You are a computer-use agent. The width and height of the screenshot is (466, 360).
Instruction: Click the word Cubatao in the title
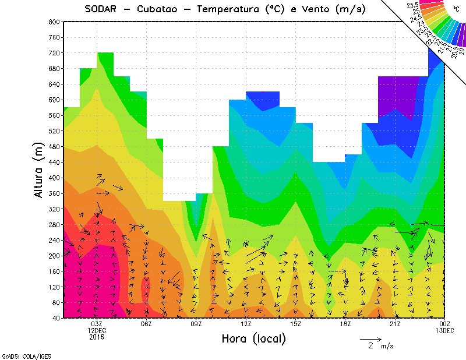click(x=161, y=9)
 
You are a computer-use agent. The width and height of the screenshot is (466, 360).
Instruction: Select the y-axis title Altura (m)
click(x=39, y=169)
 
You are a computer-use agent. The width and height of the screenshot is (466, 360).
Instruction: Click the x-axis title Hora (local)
click(x=254, y=338)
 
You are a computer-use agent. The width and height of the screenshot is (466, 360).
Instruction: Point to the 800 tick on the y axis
click(x=54, y=22)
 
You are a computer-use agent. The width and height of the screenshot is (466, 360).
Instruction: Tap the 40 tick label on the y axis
click(x=56, y=318)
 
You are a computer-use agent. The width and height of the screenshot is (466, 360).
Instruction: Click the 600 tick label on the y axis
click(x=54, y=100)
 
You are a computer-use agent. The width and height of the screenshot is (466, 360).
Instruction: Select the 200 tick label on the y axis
click(x=54, y=256)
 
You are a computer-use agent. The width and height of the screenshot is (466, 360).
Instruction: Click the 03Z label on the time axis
click(x=97, y=324)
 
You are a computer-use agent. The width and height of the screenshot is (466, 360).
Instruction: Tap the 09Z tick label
click(x=196, y=324)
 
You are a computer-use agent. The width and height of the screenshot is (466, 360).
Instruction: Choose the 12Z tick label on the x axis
click(x=246, y=324)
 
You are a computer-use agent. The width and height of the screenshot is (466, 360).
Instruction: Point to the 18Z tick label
click(x=345, y=324)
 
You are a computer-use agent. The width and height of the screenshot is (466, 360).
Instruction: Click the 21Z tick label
click(x=395, y=324)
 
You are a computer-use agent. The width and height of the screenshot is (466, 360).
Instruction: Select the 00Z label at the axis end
click(x=445, y=324)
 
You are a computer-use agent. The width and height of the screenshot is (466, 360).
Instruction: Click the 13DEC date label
click(x=445, y=330)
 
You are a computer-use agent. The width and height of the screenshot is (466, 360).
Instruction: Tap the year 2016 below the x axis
click(x=97, y=337)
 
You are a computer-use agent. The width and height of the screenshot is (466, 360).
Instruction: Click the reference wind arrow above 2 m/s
click(x=370, y=338)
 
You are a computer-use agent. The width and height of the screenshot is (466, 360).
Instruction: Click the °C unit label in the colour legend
click(x=456, y=9)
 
